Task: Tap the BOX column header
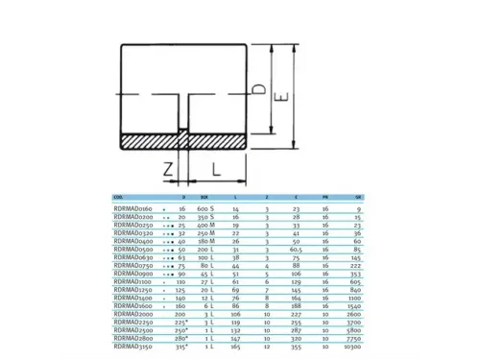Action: tap(202, 196)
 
